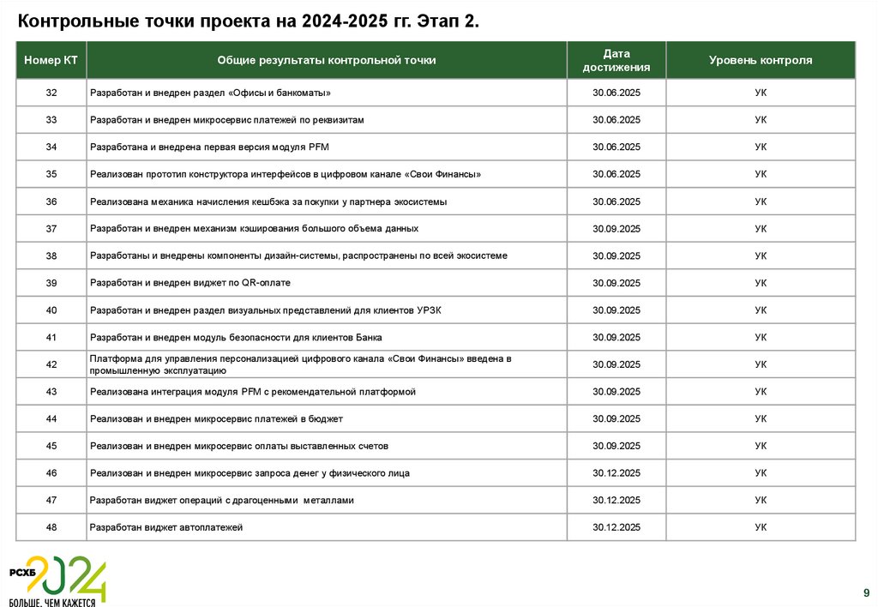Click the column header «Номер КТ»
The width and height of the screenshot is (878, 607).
51,61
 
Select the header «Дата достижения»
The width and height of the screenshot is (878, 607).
616,61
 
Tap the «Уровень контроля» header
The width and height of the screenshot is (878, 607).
761,61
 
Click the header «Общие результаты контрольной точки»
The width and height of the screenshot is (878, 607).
327,61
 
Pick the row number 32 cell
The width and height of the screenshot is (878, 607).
51,93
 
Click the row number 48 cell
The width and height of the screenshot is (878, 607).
51,527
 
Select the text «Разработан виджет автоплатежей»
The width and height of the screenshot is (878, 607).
166,527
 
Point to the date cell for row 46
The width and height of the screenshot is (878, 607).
616,473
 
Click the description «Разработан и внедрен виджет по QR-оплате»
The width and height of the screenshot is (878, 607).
196,283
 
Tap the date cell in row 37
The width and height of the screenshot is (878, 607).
616,229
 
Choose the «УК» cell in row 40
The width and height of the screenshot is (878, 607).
761,310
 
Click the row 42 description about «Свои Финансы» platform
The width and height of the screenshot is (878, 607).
300,364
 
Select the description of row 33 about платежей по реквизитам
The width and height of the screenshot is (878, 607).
227,120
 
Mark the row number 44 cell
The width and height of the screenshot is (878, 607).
51,419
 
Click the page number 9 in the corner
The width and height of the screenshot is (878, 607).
865,592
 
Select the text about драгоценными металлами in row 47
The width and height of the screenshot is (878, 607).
221,500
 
